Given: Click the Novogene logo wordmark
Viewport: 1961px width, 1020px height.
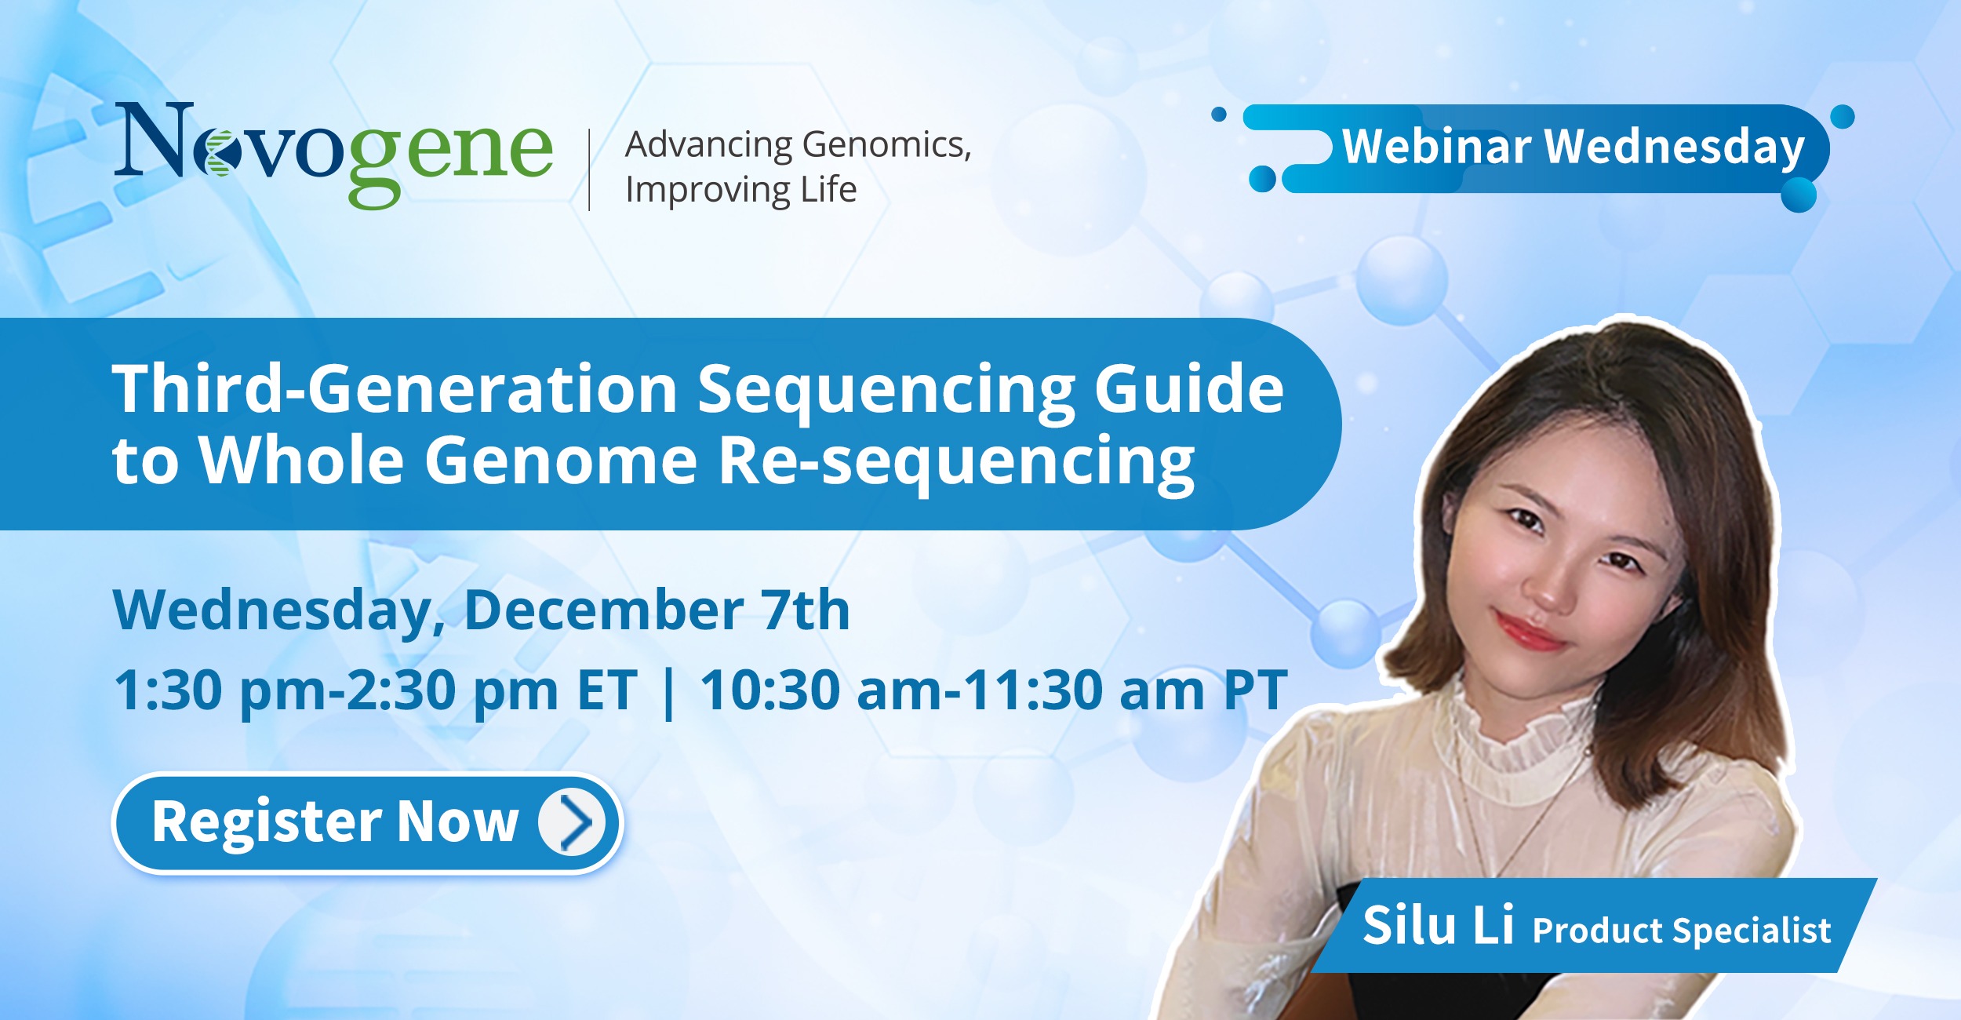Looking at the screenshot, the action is (333, 154).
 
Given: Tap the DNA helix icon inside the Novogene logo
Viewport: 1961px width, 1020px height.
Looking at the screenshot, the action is (216, 152).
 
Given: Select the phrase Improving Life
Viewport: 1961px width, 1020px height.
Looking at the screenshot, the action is (740, 191).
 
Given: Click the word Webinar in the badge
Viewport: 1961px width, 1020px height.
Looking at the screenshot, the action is (1435, 147).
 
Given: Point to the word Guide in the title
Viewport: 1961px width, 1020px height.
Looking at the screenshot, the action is (1189, 388).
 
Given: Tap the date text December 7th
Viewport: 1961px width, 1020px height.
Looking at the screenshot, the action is (657, 610).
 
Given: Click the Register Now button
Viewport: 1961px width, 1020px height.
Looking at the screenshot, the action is (367, 823).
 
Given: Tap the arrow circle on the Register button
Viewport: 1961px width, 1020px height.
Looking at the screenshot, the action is (572, 823).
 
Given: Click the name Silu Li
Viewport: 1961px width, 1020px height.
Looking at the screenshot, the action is (1438, 926).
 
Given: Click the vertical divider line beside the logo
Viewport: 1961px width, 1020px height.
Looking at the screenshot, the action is (589, 169).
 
